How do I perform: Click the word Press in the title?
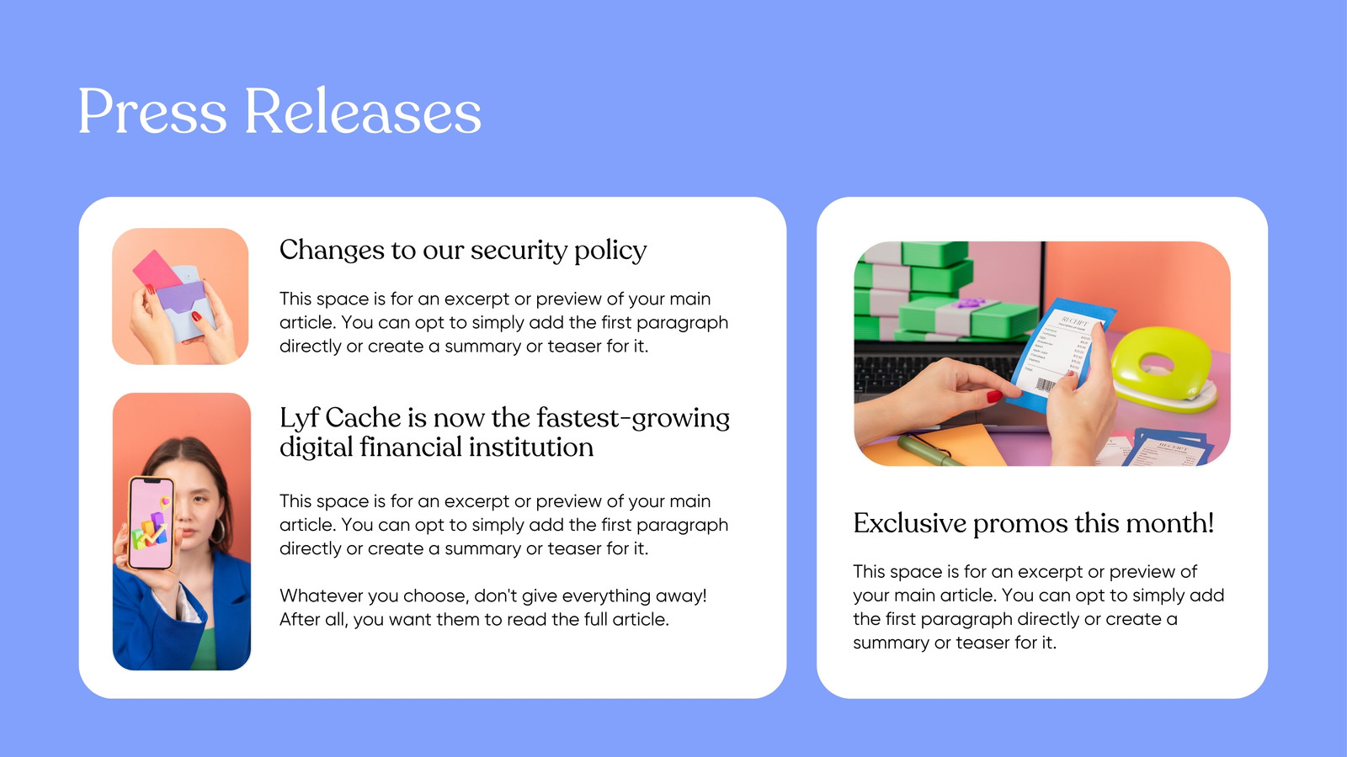pos(152,112)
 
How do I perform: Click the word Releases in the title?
pos(363,112)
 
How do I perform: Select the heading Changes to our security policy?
pos(463,250)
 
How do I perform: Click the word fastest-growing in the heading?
pos(633,419)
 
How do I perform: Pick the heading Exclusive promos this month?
pos(1034,523)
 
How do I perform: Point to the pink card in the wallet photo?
pos(157,270)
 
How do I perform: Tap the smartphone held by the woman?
pos(152,522)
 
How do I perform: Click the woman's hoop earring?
pos(218,531)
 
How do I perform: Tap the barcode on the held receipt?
pos(1045,385)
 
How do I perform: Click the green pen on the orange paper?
pos(930,451)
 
